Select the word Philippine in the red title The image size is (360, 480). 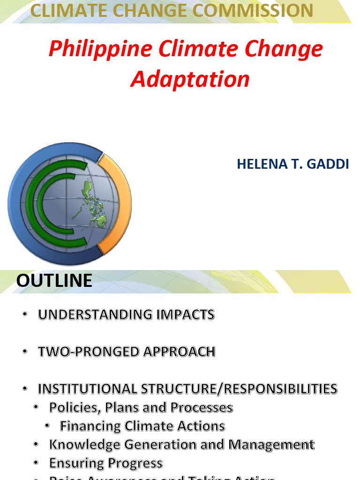pos(100,49)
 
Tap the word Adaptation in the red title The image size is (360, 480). pos(190,79)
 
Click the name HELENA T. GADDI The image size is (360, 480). pos(292,164)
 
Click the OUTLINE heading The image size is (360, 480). pos(54,280)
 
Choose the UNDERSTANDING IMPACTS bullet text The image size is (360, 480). pos(126,315)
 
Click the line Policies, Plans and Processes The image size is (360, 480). pos(141,407)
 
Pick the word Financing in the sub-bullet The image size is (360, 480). pos(90,426)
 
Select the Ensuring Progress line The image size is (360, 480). pos(105,463)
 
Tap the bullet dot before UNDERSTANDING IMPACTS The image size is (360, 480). pos(25,315)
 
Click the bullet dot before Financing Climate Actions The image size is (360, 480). pos(48,426)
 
